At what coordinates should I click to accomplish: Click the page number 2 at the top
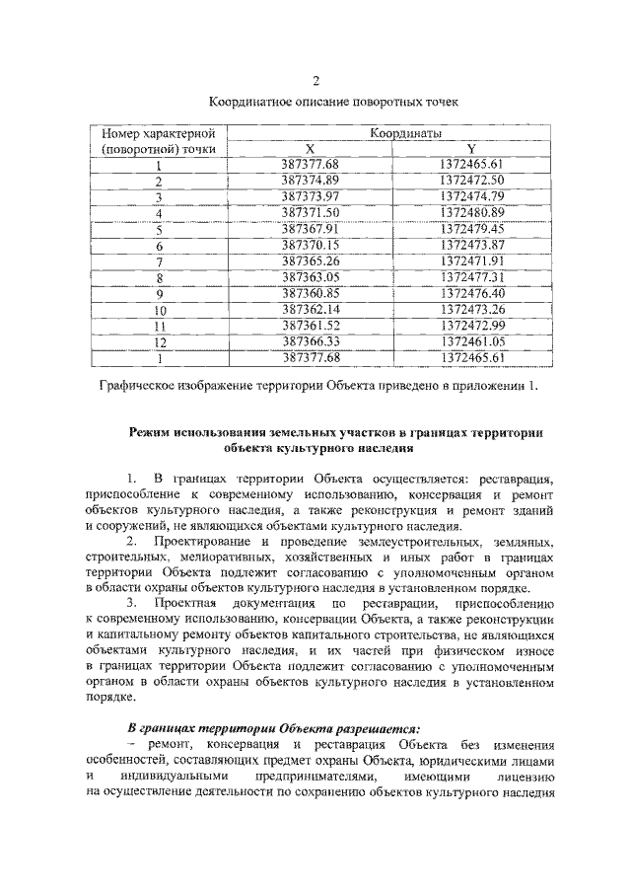click(x=316, y=81)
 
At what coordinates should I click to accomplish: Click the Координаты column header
click(x=404, y=132)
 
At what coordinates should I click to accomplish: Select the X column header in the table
click(x=310, y=148)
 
